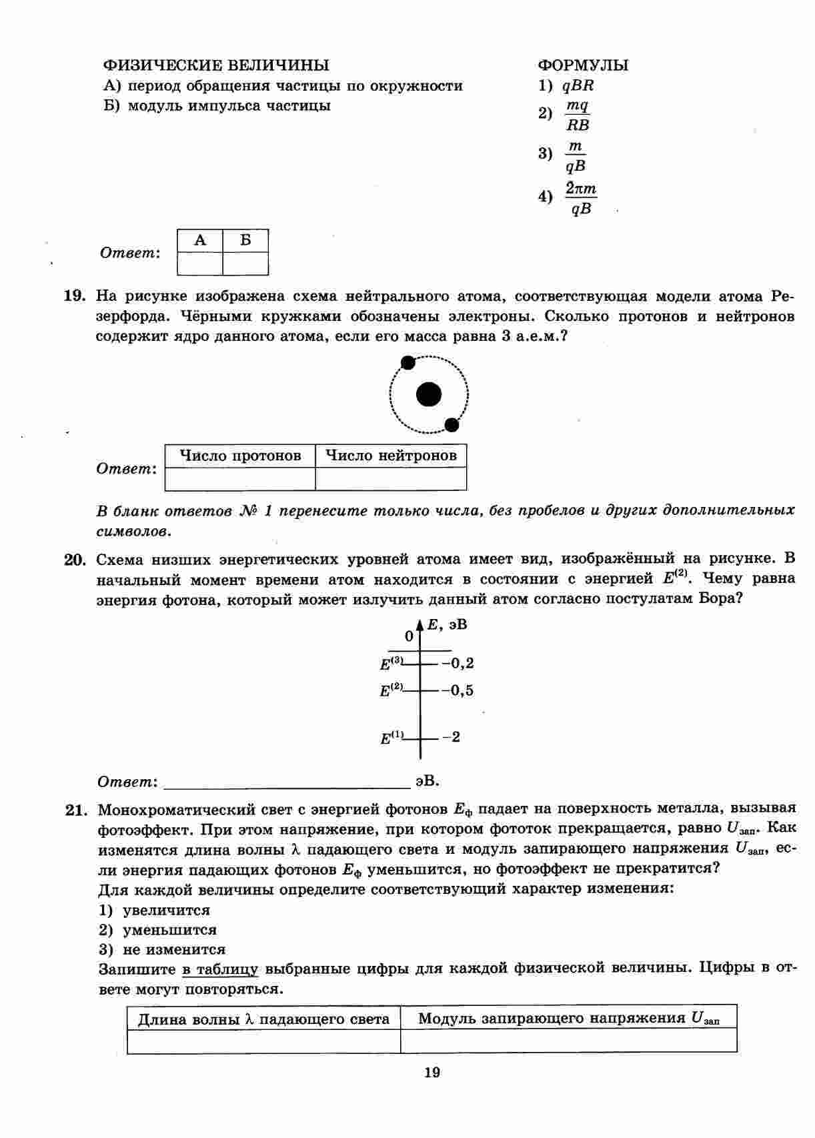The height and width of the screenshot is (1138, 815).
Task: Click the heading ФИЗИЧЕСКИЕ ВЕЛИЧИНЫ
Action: pos(215,65)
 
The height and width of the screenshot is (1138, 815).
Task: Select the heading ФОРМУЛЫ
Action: pos(583,65)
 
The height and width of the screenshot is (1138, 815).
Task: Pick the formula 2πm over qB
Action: pos(581,199)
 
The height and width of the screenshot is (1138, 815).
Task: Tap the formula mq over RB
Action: pos(578,115)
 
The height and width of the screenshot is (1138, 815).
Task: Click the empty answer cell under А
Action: pos(200,263)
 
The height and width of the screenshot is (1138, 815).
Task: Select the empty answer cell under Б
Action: pos(245,263)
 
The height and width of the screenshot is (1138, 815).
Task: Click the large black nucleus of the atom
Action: pos(428,395)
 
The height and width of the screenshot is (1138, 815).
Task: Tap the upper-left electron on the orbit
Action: pos(407,362)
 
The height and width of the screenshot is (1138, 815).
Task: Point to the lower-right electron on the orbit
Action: pos(452,424)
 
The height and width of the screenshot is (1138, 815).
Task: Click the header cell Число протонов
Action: pos(240,456)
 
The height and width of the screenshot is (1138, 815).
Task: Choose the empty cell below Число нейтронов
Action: pos(391,479)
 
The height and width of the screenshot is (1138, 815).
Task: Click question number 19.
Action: pos(73,296)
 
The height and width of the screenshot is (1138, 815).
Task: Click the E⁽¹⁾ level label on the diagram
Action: pos(392,738)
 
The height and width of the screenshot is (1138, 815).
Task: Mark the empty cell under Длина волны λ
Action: pos(263,1041)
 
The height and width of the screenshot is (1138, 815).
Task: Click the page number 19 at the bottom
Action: pos(432,1073)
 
